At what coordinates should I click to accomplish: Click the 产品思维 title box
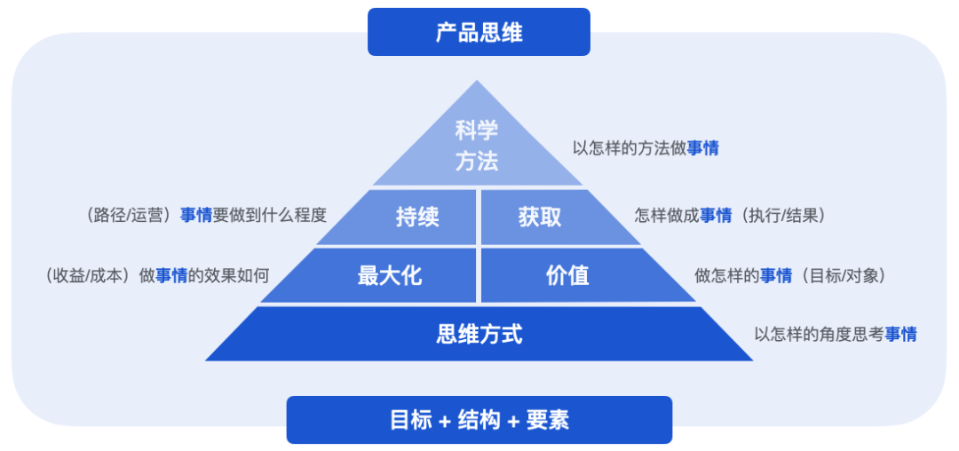(x=479, y=33)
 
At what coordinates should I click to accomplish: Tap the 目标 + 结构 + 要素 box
(x=479, y=420)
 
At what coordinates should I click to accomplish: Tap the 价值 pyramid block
(x=567, y=275)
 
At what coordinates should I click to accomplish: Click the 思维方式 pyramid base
(x=479, y=334)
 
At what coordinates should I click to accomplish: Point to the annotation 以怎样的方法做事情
(x=646, y=148)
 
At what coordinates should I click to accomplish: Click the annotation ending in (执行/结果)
(x=730, y=215)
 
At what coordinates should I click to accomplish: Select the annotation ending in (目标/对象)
(x=789, y=276)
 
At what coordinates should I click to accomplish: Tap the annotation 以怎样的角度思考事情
(x=835, y=335)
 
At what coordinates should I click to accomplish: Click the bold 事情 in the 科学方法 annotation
(x=702, y=148)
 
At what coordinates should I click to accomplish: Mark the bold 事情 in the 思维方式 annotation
(x=900, y=335)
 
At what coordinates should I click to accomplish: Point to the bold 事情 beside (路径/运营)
(x=196, y=215)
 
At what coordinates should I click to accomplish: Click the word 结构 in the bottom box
(x=479, y=420)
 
